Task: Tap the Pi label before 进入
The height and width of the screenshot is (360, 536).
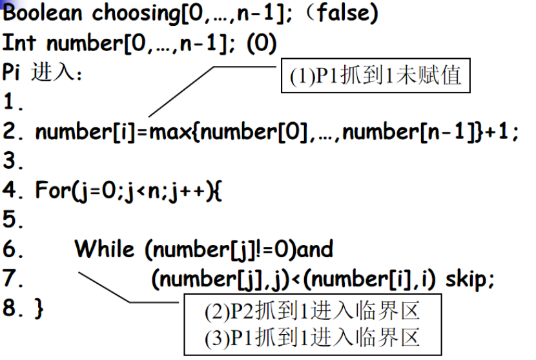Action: coord(13,72)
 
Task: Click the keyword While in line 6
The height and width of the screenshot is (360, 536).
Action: coord(105,249)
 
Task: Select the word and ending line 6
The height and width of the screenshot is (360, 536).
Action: coord(313,249)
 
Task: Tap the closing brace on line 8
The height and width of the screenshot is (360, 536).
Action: coord(39,308)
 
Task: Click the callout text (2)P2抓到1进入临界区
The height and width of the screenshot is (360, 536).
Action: coord(312,312)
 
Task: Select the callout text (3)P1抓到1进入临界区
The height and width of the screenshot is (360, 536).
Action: coord(312,337)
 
